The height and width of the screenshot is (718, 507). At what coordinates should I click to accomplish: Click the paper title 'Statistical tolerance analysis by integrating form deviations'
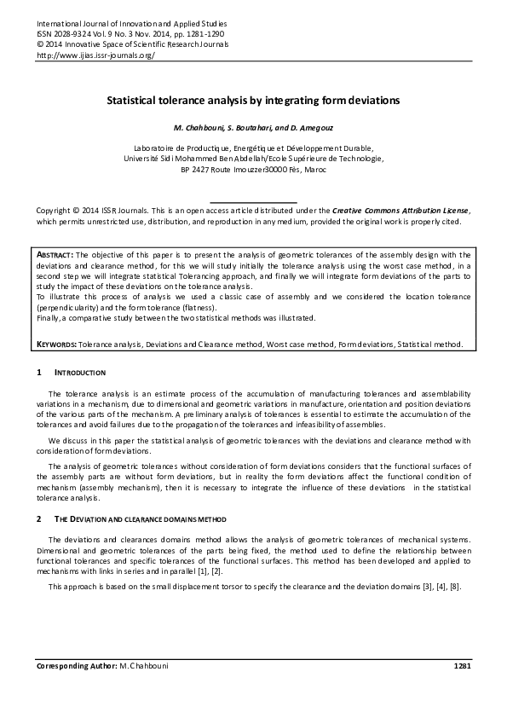tap(252, 100)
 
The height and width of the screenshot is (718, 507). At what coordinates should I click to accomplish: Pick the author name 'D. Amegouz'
tap(310, 128)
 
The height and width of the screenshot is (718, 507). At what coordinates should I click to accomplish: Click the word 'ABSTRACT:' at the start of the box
tap(56, 254)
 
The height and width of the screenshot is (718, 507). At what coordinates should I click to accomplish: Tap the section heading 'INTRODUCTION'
tap(79, 373)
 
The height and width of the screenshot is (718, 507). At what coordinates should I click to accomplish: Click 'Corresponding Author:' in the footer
tap(76, 664)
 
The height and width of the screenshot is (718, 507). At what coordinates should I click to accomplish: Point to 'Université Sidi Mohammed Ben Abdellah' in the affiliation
tap(205, 158)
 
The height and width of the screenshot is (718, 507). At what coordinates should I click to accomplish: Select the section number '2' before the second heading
tap(39, 519)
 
